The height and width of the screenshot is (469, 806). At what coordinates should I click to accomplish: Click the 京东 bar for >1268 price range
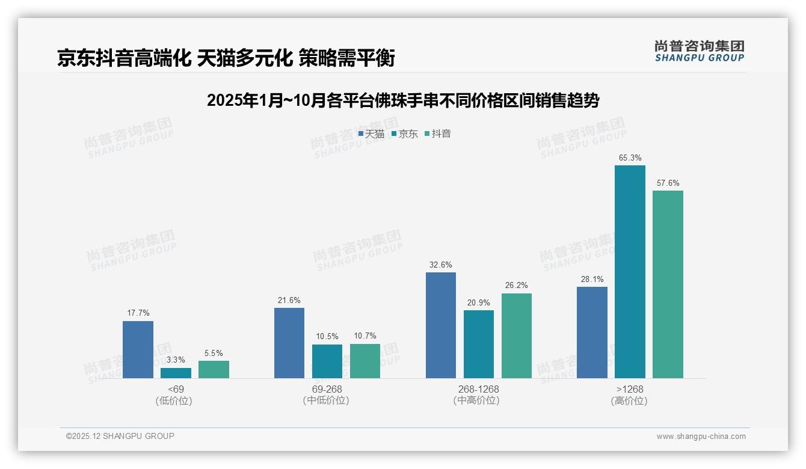pos(630,272)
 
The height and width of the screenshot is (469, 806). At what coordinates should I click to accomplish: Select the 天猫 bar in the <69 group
pos(138,349)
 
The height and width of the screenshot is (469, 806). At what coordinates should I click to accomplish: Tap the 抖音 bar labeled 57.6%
pos(668,284)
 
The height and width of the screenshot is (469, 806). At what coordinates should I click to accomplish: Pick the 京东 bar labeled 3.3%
pos(176,373)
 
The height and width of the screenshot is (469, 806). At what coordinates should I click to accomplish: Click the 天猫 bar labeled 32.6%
pos(441,325)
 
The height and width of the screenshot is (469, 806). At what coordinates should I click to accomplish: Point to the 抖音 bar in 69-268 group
pos(365,361)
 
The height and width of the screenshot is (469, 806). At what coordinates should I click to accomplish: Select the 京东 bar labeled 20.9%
pos(479,344)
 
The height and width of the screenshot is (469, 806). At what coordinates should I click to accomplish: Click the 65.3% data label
pos(630,158)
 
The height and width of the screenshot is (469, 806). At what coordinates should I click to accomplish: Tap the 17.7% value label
pos(138,313)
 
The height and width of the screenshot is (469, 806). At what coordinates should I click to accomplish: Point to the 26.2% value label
pos(517,286)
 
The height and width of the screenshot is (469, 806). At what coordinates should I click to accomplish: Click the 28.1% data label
pos(592,279)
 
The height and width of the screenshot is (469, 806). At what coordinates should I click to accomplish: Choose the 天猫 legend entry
pos(371,134)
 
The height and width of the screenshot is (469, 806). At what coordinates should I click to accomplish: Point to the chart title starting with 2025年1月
pos(403,100)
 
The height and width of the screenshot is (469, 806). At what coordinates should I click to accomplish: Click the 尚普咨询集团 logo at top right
pos(699,51)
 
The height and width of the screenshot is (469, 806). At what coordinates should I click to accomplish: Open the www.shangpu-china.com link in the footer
pos(701,437)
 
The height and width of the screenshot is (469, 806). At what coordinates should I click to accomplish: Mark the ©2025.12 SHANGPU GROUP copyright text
pos(120,436)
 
